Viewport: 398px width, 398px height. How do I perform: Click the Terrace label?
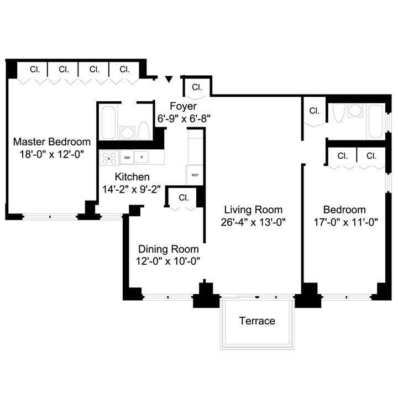256,321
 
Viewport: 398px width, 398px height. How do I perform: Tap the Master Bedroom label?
52,142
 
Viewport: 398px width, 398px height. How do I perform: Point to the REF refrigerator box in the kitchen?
195,175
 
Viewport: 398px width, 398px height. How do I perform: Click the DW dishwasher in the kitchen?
127,158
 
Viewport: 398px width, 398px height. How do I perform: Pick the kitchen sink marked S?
142,158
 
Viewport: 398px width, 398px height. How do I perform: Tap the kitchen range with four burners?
109,158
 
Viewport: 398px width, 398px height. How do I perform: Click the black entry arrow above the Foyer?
169,80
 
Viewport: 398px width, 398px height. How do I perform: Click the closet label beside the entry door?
197,87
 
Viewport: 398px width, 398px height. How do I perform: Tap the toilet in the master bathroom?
144,132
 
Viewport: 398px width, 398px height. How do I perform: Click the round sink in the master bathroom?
127,133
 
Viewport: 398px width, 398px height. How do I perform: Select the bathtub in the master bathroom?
108,123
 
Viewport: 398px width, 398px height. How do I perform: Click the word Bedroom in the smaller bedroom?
344,210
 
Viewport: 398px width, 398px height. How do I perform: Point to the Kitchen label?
132,177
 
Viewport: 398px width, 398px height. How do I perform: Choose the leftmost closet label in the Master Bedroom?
35,70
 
